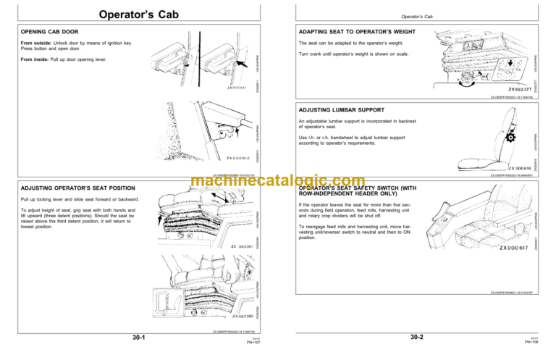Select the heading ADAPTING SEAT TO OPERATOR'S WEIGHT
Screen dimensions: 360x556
pyautogui.click(x=347, y=32)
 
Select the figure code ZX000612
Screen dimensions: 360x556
pyautogui.click(x=238, y=157)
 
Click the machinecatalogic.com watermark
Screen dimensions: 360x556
pyautogui.click(x=277, y=183)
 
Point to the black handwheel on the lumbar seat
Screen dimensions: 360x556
pyautogui.click(x=512, y=138)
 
